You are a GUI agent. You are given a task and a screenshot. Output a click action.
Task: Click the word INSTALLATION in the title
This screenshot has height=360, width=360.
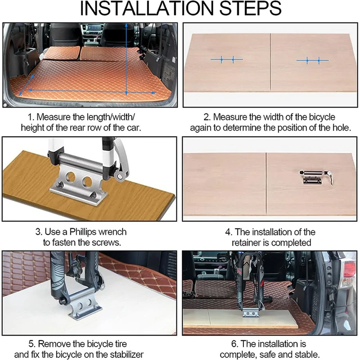(147, 9)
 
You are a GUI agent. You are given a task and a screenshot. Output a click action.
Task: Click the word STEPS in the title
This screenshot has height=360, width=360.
(251, 9)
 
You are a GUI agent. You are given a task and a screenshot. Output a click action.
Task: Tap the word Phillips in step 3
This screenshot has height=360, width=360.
(82, 232)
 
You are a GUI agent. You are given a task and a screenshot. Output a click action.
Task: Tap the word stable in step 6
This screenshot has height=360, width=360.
(307, 354)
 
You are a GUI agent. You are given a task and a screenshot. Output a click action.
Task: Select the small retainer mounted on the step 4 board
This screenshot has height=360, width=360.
(316, 177)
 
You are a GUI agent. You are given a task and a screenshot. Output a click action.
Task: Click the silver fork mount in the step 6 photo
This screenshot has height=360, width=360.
(251, 313)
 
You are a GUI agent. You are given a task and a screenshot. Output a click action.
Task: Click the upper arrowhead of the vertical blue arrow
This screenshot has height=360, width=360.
(126, 25)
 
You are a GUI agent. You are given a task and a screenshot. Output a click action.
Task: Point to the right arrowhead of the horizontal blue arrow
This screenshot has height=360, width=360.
(153, 93)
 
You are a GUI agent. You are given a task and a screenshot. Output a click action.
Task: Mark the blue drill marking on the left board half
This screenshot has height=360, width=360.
(227, 60)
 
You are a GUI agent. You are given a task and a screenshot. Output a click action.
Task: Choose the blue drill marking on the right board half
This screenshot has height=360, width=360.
(312, 61)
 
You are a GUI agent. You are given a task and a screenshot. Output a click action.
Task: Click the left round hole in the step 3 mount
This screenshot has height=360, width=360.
(71, 177)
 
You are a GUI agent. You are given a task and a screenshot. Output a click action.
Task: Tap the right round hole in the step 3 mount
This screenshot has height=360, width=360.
(87, 182)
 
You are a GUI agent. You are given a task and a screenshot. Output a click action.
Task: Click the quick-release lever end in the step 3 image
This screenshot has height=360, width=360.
(119, 176)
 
